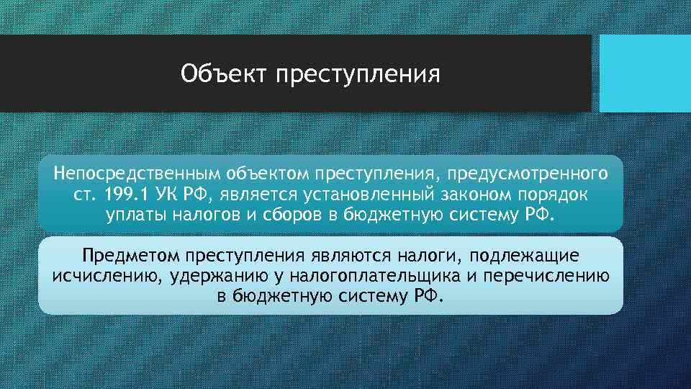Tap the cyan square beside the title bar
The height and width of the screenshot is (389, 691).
click(x=645, y=73)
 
